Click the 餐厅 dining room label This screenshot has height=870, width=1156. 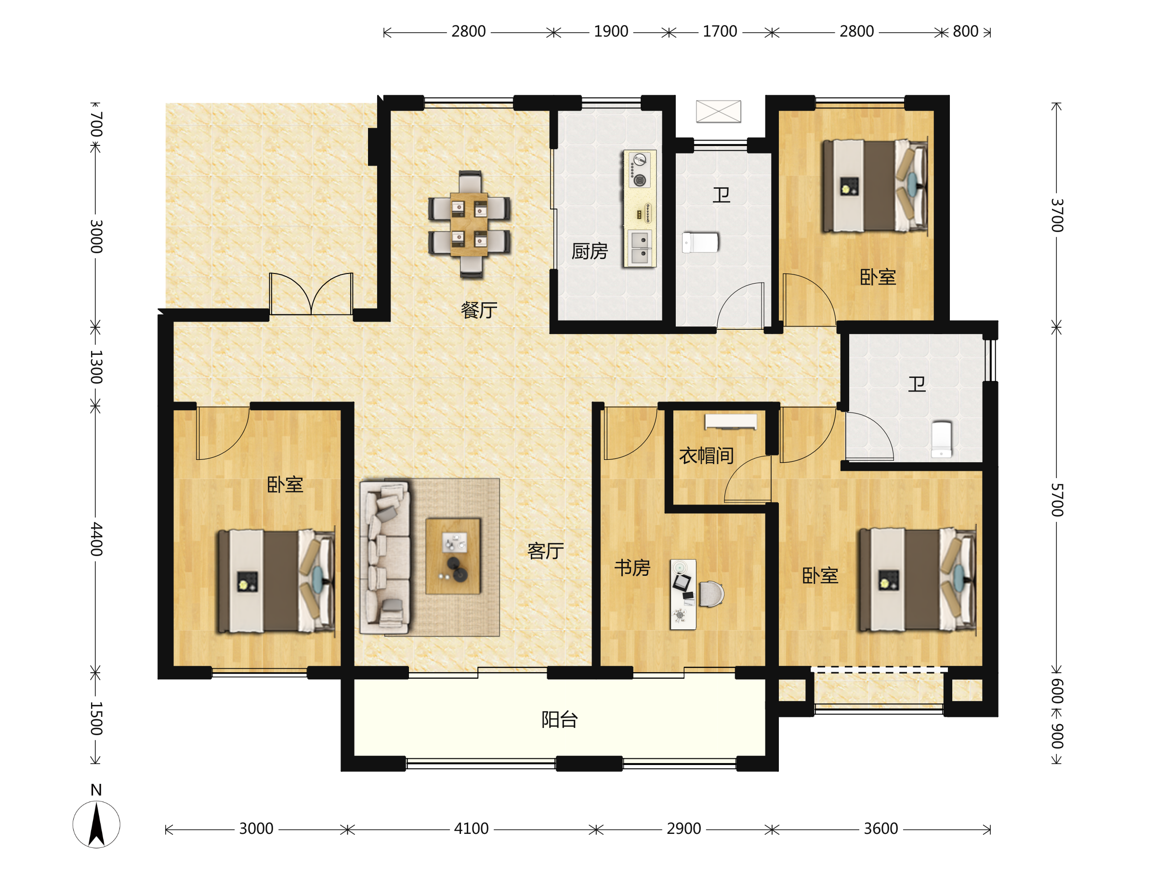(479, 311)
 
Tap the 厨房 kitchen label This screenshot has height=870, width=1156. (590, 251)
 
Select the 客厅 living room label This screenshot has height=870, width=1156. (546, 551)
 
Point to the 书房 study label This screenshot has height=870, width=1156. (632, 568)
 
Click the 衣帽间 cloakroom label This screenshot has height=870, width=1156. (707, 455)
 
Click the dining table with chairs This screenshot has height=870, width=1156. (469, 224)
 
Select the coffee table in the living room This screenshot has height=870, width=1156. (453, 556)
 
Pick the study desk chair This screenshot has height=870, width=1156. (711, 594)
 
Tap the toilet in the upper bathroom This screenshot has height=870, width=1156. (700, 243)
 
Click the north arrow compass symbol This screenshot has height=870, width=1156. (96, 823)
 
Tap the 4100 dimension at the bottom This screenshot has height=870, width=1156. (472, 829)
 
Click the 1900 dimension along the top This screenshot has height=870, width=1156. (611, 31)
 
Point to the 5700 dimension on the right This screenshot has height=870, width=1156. (1057, 500)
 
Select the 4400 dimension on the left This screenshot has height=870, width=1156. (96, 539)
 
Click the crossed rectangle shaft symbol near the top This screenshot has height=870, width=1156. (719, 111)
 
